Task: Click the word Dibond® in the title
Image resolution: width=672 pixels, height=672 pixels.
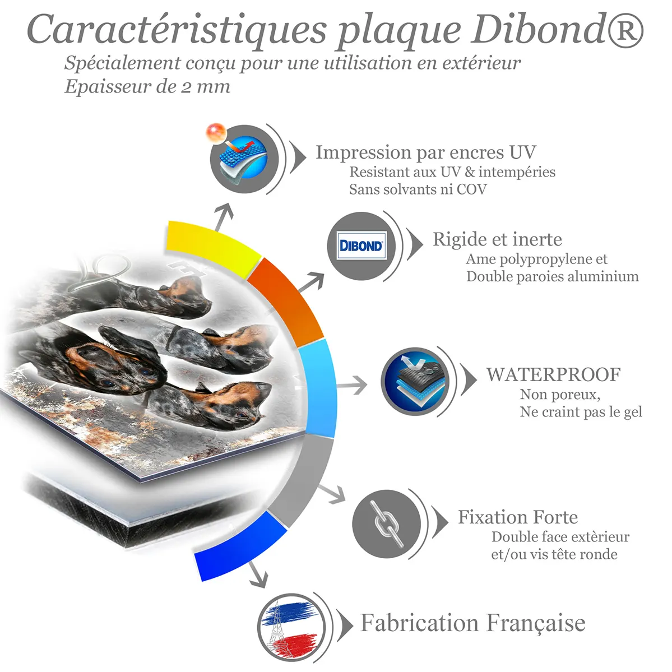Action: point(558,30)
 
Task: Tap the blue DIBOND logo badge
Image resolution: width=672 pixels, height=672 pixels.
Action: point(362,245)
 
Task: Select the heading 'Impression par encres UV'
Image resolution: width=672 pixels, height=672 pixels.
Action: point(426,152)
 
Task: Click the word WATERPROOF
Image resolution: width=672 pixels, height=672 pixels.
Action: point(553,374)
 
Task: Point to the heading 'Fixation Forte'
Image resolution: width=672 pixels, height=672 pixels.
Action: point(518,517)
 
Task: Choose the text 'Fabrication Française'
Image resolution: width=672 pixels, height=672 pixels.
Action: point(472,623)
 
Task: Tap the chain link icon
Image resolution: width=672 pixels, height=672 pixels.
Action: point(386,523)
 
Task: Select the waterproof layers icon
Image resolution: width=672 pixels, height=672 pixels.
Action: point(415,381)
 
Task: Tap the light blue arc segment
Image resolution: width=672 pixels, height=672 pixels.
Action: point(318,388)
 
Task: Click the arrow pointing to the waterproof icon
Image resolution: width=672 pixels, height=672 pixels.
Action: point(351,385)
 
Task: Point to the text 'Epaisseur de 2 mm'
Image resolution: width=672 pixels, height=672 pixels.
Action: point(147,87)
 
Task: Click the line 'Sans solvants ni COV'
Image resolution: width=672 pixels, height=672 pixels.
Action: point(418,189)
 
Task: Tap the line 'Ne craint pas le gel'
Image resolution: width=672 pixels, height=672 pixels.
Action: point(581,412)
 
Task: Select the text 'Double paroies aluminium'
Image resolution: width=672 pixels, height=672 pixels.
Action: point(553,276)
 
